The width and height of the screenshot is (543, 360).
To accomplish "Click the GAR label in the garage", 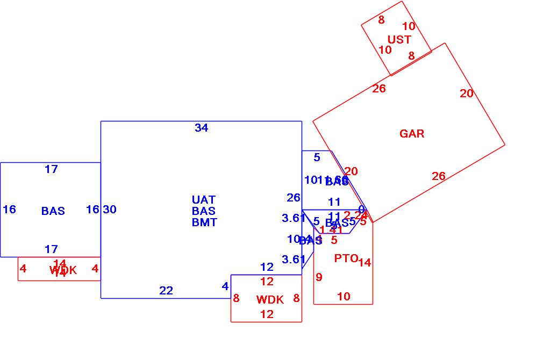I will tap(412, 134).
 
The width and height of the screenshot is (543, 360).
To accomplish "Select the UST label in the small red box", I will tap(399, 40).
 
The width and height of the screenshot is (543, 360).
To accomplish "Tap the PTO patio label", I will tap(346, 258).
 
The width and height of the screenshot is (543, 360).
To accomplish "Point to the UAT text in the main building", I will tap(203, 200).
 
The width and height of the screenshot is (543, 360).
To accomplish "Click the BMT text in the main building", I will tap(204, 222).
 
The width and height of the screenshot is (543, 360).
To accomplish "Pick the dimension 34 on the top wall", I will tap(201, 128).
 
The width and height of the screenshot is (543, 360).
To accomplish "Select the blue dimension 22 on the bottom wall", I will tap(166, 291).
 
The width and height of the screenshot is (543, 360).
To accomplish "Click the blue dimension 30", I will tap(110, 210).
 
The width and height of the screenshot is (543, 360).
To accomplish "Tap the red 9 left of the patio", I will tap(319, 277).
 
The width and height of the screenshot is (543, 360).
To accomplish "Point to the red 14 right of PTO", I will tap(365, 263).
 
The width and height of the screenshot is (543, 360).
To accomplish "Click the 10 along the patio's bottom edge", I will tap(344, 297).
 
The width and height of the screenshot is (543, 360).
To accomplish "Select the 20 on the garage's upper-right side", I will tap(467, 93).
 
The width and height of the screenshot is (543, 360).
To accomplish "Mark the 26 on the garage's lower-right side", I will tap(439, 176).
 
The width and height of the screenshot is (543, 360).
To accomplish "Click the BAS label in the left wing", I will tap(53, 211).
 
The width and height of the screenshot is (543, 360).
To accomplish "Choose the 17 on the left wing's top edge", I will tap(51, 170).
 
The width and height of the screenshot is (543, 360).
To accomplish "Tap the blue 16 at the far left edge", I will tap(9, 210).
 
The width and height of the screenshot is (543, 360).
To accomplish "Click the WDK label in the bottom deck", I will tap(269, 300).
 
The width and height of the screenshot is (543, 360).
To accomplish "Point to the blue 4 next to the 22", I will tap(225, 287).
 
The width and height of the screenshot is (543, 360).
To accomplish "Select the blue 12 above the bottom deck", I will tap(267, 267).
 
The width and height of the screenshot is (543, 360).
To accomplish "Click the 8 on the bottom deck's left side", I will tap(236, 298).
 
